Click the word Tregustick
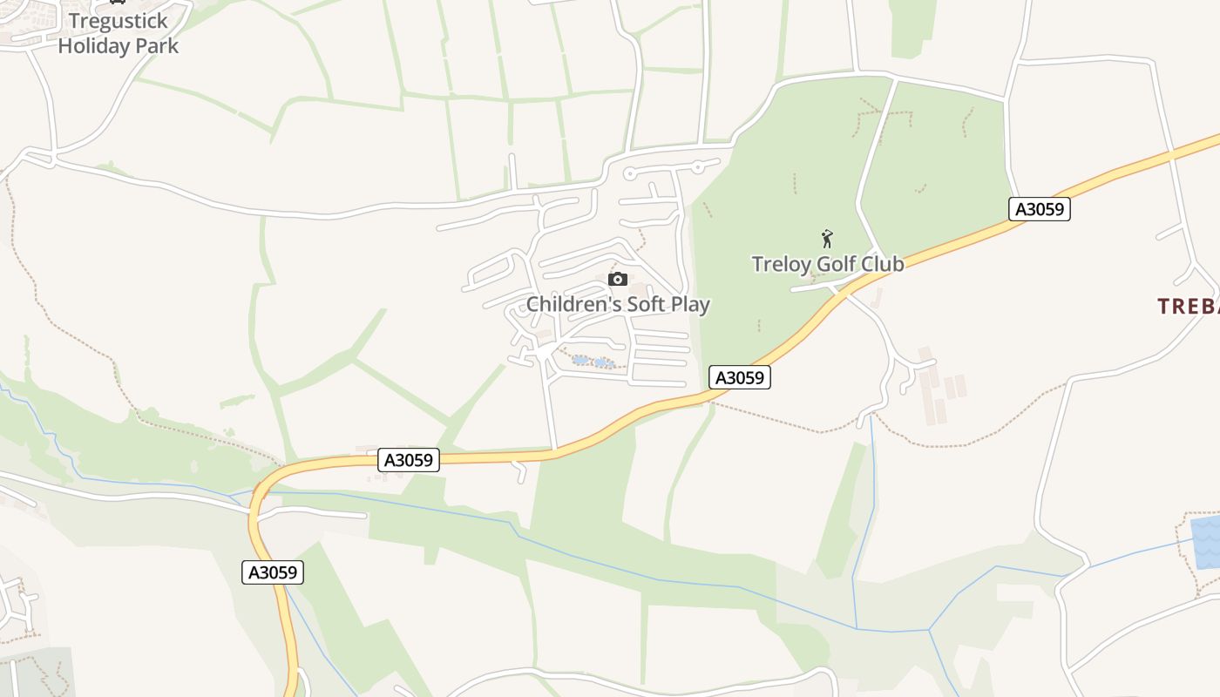(x=118, y=21)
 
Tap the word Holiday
(x=92, y=46)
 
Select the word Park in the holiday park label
(x=156, y=46)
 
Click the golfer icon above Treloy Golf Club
(x=827, y=238)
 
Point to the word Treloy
(x=782, y=264)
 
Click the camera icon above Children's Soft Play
(x=618, y=280)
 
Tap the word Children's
(x=570, y=305)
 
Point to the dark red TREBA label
(x=1188, y=307)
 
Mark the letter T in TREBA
(x=1163, y=307)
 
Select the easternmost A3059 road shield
(x=1040, y=209)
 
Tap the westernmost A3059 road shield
(x=273, y=572)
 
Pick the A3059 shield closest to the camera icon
(x=740, y=377)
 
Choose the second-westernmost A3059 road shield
(x=409, y=459)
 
